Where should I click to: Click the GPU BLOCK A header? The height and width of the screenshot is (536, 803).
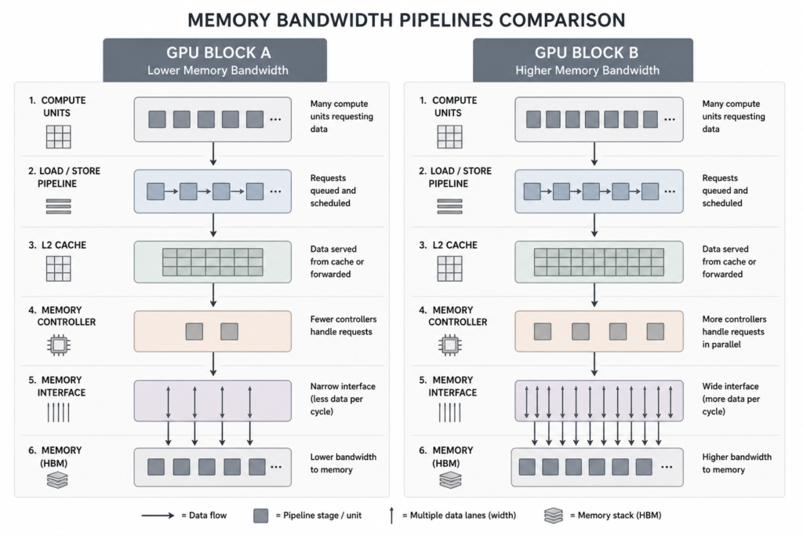coord(215,60)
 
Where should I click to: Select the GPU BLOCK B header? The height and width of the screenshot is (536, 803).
coord(583,60)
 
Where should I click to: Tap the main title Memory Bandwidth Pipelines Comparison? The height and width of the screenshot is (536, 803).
coord(406,20)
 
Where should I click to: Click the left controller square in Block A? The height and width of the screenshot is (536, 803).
coord(194,331)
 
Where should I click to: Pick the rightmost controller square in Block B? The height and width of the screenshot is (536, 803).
coord(656,331)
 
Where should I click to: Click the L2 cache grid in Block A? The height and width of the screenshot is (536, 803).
coord(213,262)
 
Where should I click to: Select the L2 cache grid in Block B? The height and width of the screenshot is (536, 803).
coord(598,262)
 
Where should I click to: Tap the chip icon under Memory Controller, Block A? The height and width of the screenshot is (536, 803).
coord(58,345)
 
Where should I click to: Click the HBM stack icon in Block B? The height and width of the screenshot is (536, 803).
coord(450,480)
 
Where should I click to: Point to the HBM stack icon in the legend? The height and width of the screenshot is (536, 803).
coord(554,516)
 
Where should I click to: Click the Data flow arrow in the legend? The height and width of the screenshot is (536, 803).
coord(158,516)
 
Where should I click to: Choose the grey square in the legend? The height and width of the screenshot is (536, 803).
coord(260,516)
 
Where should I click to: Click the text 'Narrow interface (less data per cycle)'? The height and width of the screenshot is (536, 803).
coord(343,399)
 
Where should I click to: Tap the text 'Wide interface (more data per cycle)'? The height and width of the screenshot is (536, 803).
coord(731,399)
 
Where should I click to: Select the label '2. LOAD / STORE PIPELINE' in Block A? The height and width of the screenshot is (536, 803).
coord(64,177)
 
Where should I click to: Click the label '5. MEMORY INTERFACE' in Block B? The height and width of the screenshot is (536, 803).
coord(446,386)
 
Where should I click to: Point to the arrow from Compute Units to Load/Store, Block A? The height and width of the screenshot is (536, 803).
coord(213,154)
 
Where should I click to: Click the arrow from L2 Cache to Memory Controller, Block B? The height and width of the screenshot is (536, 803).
coord(594,295)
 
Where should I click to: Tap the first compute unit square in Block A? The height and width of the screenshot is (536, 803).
coord(157,119)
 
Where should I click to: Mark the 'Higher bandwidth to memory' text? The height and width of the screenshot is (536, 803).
coord(736,463)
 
